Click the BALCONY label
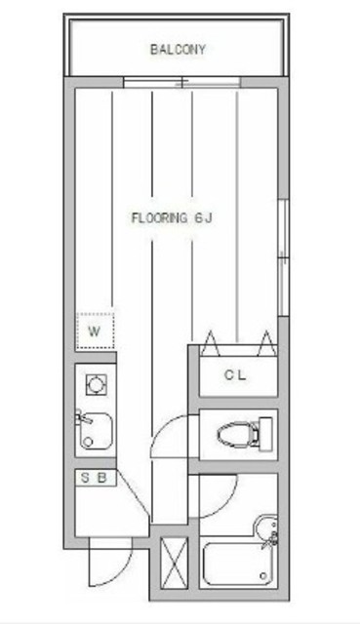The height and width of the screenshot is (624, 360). (x=178, y=50)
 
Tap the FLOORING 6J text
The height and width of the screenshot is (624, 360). (x=172, y=217)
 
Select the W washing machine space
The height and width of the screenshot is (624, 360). (x=96, y=331)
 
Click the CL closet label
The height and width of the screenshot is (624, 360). (x=235, y=374)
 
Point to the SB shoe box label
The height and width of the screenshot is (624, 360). (x=95, y=478)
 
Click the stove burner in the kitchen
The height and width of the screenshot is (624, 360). (x=97, y=385)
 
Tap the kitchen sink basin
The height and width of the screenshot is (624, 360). (x=96, y=431)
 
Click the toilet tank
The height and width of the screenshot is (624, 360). (x=265, y=434)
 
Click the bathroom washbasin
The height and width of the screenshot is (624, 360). (x=265, y=530)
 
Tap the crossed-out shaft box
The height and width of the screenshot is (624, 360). (x=174, y=563)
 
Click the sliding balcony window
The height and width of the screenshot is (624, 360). (x=181, y=82)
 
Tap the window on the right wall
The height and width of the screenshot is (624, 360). (x=283, y=257)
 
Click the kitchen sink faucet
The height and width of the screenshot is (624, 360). (x=83, y=418)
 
